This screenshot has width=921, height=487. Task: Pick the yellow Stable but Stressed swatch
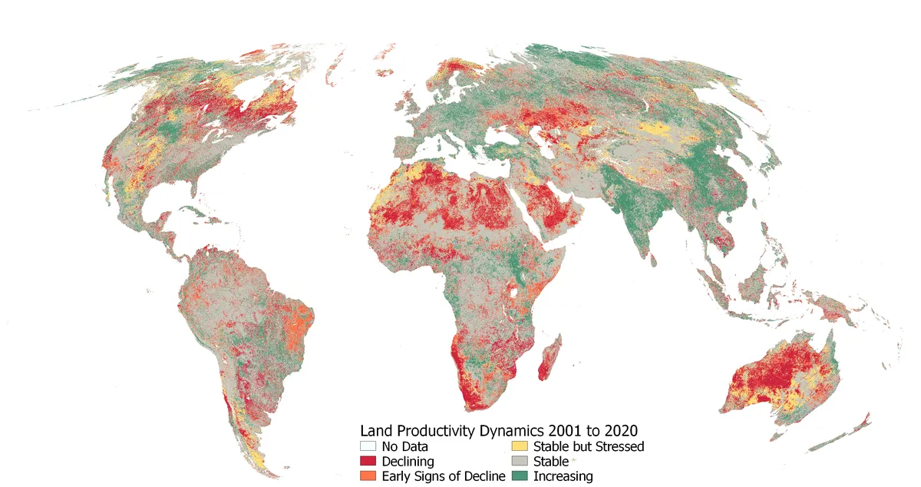tap(520, 446)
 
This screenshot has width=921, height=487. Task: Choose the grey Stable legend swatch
tap(520, 461)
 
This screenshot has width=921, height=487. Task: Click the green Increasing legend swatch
tap(520, 476)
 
